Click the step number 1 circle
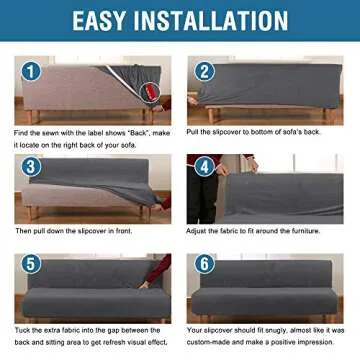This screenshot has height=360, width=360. tap(30, 72)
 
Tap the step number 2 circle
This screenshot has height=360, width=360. tap(205, 72)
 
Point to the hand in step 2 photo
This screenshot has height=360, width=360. tap(194, 101)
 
